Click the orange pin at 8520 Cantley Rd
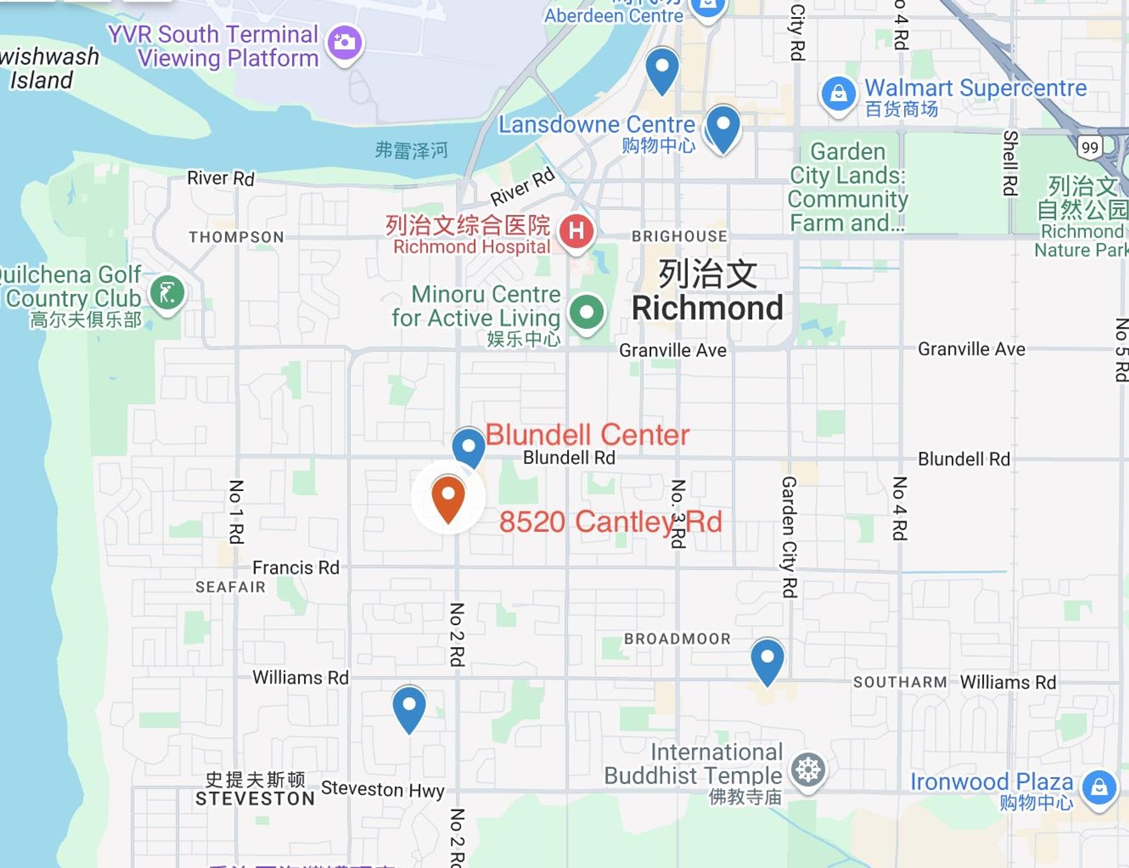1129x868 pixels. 448,497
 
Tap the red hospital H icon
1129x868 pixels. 576,231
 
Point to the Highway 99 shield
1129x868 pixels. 1090,147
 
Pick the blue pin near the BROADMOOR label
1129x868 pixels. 767,658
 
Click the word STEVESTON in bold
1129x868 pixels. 255,799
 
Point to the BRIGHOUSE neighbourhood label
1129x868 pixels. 679,236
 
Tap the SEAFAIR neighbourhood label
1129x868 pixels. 230,587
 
